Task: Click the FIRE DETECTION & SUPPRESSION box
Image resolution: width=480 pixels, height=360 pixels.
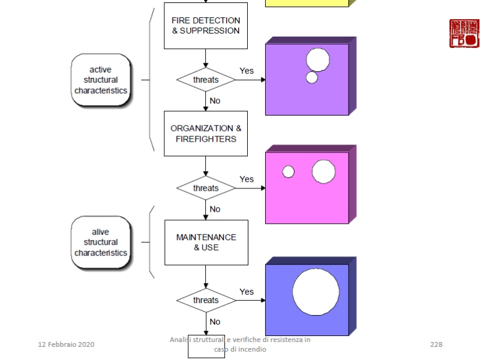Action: (x=206, y=26)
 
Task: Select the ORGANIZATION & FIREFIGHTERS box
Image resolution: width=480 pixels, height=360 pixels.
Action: (x=206, y=133)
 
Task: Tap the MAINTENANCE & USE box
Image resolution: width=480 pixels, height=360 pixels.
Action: (x=206, y=242)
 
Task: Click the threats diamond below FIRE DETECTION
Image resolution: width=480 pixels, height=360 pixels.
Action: (x=206, y=79)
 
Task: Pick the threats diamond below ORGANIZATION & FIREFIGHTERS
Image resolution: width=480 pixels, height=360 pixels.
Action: (x=206, y=188)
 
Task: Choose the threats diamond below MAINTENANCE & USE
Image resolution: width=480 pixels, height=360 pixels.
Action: (x=206, y=300)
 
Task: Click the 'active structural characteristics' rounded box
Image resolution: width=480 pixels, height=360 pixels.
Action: (x=101, y=80)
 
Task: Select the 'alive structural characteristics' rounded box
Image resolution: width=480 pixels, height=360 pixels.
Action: (x=101, y=242)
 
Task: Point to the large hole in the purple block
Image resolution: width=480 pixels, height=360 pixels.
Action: (x=318, y=59)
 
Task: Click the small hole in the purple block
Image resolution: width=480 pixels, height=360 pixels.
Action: (x=312, y=77)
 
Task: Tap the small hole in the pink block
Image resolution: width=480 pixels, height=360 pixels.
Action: (x=289, y=172)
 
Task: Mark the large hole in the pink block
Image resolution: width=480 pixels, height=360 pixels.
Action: (x=323, y=172)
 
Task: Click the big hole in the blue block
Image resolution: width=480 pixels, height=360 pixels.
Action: (x=316, y=292)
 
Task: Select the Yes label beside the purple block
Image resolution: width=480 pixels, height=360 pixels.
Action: (x=247, y=71)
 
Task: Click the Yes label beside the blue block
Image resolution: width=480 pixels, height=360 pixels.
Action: (x=247, y=292)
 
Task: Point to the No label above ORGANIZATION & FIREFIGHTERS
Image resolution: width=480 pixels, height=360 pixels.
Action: (x=215, y=101)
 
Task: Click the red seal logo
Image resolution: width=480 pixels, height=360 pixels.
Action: (x=464, y=33)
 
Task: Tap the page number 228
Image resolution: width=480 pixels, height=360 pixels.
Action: (x=436, y=344)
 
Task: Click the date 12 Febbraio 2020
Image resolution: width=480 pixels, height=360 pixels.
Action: (x=66, y=344)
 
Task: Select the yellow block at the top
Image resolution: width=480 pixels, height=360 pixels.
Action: (x=307, y=3)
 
